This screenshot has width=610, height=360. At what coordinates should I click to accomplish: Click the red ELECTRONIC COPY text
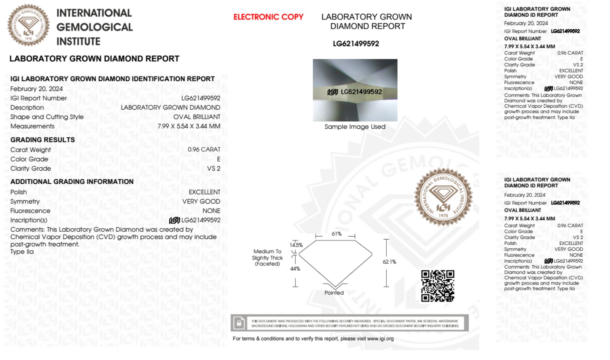tap(268, 17)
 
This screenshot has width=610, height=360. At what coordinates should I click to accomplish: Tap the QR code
tap(437, 286)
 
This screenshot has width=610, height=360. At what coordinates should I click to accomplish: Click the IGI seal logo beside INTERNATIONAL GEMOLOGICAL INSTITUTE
tap(29, 25)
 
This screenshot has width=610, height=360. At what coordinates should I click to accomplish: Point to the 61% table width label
tap(337, 234)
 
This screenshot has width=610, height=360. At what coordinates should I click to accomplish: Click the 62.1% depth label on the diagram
tap(389, 262)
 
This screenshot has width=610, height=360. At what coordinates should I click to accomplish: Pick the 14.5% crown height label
tap(296, 245)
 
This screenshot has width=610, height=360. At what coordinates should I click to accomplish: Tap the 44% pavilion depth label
tap(295, 269)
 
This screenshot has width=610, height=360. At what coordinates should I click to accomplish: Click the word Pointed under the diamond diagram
tap(334, 293)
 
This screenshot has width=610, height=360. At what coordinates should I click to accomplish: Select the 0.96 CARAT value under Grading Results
tap(204, 149)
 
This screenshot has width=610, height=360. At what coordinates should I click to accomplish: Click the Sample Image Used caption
tap(355, 127)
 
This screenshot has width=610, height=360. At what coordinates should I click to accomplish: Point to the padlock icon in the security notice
tap(239, 323)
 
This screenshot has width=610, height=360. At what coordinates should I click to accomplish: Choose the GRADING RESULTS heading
tap(43, 140)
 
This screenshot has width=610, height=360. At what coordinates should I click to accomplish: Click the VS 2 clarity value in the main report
tap(213, 169)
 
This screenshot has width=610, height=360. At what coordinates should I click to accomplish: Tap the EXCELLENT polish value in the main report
tap(204, 192)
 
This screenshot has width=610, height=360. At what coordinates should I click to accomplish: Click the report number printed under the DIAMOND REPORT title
tap(356, 44)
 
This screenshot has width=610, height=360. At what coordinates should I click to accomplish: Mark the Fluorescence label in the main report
tap(30, 211)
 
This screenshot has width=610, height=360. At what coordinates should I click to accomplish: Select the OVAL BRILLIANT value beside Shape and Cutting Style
tap(197, 117)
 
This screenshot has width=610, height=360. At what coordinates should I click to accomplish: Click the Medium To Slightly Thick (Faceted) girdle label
tap(267, 258)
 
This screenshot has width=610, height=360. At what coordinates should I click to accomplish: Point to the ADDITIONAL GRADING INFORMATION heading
tap(72, 182)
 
